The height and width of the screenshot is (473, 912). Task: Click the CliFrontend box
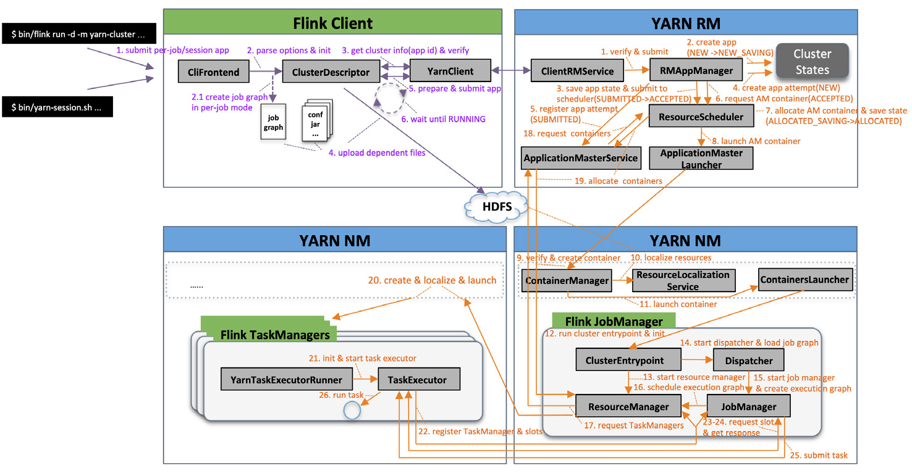tap(213, 72)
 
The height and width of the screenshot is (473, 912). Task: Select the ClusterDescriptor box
tap(330, 72)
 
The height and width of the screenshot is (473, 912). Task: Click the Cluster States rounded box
tap(812, 62)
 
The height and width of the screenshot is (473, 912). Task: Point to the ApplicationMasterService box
tap(580, 158)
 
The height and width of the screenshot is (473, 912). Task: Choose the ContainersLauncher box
tap(804, 280)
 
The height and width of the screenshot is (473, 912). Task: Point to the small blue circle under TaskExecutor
tap(352, 410)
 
